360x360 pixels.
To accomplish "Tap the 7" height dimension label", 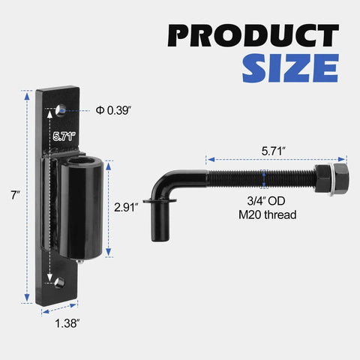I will pyautogui.click(x=15, y=195).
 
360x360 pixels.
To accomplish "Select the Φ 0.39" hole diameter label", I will pyautogui.click(x=114, y=110).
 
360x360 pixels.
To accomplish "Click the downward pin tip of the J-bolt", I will pyautogui.click(x=158, y=229).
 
